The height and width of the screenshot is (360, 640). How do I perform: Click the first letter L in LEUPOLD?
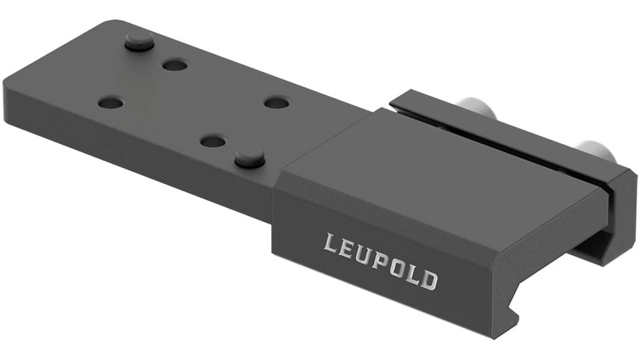click(x=332, y=245)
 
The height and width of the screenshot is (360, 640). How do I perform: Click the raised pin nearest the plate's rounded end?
click(x=139, y=42)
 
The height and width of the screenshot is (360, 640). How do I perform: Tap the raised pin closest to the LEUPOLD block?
click(x=249, y=157)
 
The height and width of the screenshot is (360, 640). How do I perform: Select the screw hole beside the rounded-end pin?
click(x=175, y=65)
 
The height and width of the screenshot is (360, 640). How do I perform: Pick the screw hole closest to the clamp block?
click(x=277, y=103)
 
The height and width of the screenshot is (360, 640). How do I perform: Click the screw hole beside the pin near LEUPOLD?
click(x=213, y=141)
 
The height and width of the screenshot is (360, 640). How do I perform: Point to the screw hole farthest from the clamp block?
click(x=111, y=103)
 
